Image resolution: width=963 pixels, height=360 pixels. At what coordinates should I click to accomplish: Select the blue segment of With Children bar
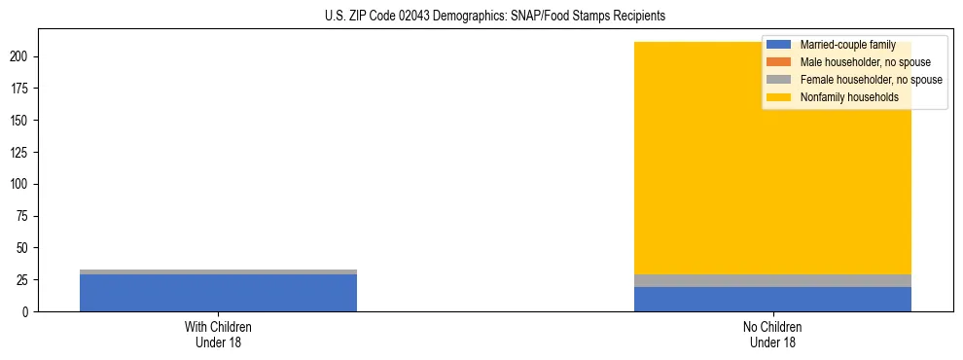[218, 293]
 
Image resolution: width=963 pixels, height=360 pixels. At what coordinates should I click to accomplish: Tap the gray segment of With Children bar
[218, 271]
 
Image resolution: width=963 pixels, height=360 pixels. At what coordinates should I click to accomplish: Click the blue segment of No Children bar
[772, 299]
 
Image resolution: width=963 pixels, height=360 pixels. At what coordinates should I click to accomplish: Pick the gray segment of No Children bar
[772, 280]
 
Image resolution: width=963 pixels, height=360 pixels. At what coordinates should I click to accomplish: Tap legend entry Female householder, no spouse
[871, 80]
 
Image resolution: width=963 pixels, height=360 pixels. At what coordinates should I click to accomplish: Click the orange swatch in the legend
[778, 62]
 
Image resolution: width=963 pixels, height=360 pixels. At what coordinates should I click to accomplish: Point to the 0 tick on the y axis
[28, 311]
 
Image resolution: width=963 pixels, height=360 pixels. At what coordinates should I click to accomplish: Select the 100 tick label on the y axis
[22, 184]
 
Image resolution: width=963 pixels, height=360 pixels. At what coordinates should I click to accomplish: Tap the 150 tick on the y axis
[22, 121]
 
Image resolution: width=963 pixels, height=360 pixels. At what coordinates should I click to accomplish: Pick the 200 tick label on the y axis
[22, 56]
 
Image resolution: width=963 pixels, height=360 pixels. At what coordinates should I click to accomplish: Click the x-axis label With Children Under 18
[218, 334]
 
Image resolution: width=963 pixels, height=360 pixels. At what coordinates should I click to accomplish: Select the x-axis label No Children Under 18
[772, 334]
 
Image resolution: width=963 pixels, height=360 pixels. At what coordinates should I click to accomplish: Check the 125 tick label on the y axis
[22, 152]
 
